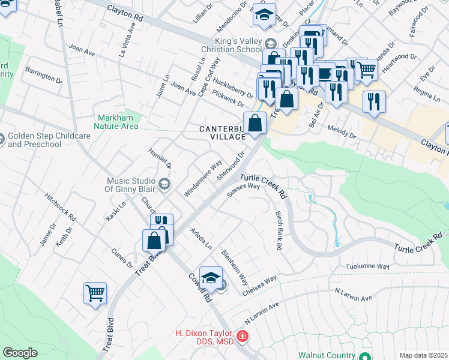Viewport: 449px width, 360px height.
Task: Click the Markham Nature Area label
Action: pos(116,122)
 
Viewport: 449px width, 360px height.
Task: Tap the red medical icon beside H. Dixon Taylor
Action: pos(242,337)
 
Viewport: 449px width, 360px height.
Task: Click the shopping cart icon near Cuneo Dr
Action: pos(95,293)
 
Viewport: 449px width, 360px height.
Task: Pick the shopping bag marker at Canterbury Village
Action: pos(255,123)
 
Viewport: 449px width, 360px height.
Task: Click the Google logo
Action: pos(20,353)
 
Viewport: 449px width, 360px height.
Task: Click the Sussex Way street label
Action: pos(244,190)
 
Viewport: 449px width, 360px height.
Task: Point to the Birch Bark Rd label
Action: pos(279,230)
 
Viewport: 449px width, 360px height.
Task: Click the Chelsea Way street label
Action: pos(259,286)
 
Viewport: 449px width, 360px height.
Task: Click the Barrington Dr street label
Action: pos(43,75)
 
